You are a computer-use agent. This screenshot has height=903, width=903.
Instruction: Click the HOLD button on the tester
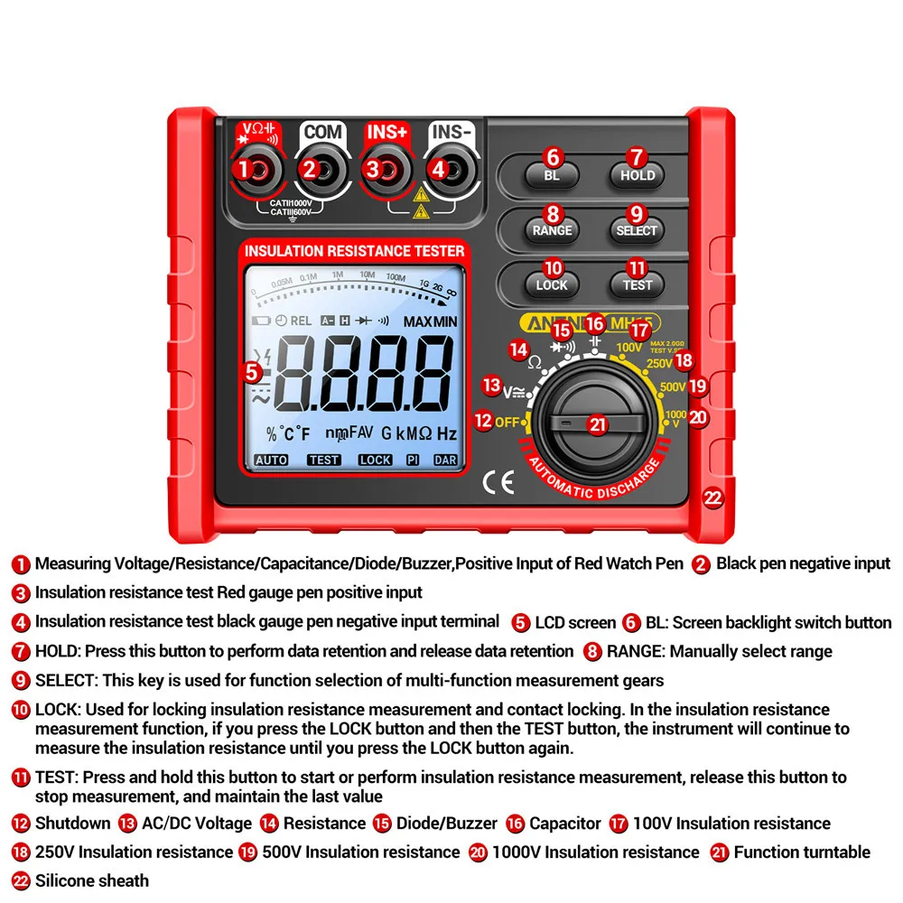click(x=638, y=174)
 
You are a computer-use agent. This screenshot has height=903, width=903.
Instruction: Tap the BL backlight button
click(x=552, y=174)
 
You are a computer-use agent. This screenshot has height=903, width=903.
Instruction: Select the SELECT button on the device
click(x=637, y=229)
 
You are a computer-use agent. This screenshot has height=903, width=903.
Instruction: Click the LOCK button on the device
click(x=552, y=284)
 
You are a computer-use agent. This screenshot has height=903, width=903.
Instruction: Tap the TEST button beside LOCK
click(x=638, y=284)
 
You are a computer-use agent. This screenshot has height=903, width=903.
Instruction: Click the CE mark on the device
click(x=498, y=483)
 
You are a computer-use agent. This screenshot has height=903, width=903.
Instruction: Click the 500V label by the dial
click(x=672, y=386)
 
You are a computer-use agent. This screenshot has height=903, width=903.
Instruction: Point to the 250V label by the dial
click(x=659, y=364)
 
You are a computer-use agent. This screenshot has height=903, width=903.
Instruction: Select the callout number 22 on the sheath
click(x=713, y=498)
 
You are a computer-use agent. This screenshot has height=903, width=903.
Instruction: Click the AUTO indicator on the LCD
click(x=271, y=460)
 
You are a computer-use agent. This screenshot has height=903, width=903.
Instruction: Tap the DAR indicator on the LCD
click(x=445, y=460)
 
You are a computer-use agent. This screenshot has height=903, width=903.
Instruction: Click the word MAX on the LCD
click(x=417, y=321)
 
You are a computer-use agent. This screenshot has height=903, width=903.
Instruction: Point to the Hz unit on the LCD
click(x=447, y=433)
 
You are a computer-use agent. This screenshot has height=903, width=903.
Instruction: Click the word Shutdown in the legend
click(x=72, y=824)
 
